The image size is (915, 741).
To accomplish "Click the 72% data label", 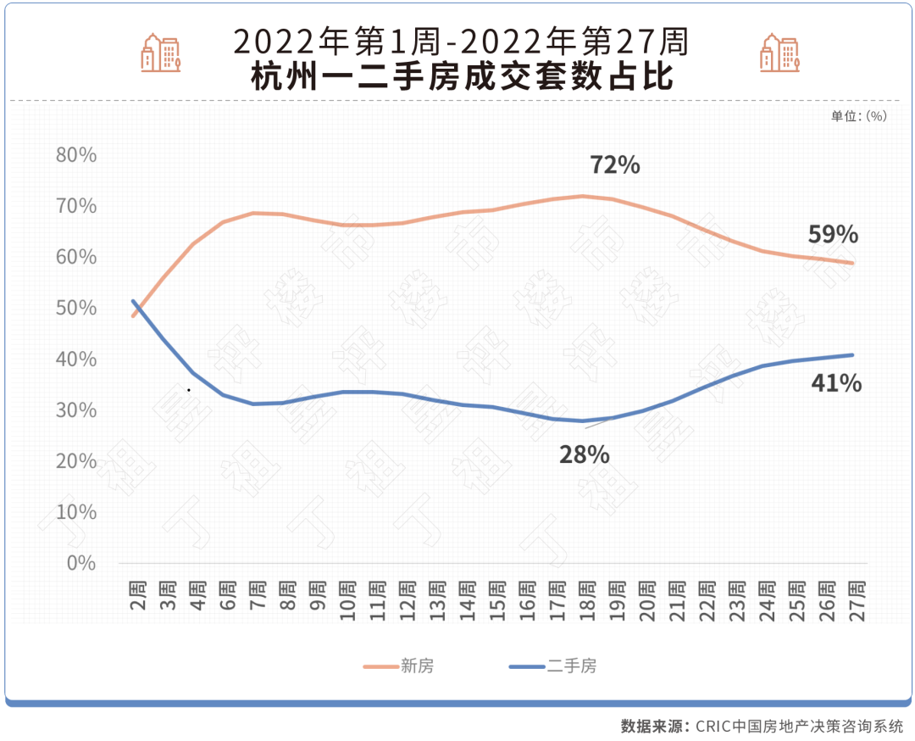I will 614,164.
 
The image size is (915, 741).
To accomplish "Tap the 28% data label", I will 584,454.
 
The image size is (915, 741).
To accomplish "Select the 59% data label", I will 833,235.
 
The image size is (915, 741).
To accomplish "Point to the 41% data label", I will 836,383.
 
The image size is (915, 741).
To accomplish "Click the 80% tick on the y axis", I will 75,155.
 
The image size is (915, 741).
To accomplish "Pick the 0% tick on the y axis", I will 81,563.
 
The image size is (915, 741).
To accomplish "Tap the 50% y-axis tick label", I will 75,308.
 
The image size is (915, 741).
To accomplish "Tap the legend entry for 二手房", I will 553,666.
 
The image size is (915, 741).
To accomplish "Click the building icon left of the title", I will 161,53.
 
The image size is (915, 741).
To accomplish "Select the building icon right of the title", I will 779,53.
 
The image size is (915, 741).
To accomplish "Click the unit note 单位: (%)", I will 858,116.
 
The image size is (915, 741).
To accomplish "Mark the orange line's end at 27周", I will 851,263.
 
